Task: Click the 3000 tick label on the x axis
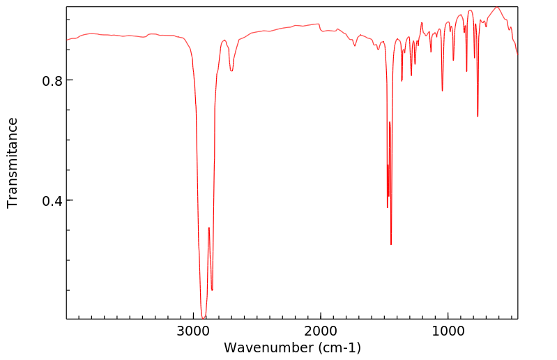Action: pos(194,330)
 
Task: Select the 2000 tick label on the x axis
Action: pos(321,330)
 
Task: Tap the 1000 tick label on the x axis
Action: pos(448,330)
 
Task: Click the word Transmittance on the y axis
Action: pos(13,163)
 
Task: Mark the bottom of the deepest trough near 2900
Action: pos(204,319)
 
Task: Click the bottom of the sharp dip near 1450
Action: pos(391,244)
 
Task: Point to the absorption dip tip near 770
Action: pos(478,117)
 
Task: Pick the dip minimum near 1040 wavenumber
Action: pos(442,91)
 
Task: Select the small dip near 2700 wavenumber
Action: pos(231,70)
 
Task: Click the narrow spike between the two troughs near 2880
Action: pos(208,227)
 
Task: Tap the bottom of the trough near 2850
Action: pos(212,290)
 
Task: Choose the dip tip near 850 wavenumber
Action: pos(467,71)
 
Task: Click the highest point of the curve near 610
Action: pos(497,7)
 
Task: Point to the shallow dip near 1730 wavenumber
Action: pos(355,46)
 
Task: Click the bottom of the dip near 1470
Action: pos(388,207)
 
